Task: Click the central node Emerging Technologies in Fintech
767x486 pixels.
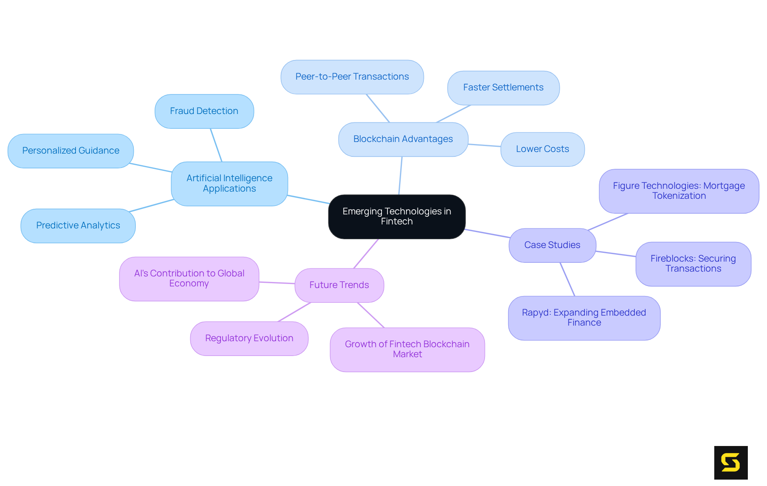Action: (x=397, y=216)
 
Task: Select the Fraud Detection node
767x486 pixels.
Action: (x=204, y=111)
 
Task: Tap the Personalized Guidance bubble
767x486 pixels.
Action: (x=71, y=151)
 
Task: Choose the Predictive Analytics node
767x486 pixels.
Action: (x=78, y=226)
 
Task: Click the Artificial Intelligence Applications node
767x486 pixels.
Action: (x=229, y=184)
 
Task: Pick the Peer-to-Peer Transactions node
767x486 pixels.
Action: (x=352, y=77)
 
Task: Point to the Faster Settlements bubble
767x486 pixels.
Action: (x=503, y=88)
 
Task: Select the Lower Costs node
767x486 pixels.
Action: (x=542, y=149)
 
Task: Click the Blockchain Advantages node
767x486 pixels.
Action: (x=403, y=139)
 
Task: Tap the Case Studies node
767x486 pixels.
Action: (x=552, y=245)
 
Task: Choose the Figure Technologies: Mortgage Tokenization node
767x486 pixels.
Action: (x=679, y=191)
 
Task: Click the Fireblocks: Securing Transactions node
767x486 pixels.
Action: (x=693, y=264)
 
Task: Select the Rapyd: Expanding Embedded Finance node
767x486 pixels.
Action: (x=584, y=318)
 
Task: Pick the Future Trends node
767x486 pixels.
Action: (x=339, y=285)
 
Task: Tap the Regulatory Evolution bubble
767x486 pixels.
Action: (x=249, y=338)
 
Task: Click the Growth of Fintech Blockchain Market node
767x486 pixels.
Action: (x=407, y=349)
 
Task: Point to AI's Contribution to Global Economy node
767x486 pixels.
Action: (x=189, y=278)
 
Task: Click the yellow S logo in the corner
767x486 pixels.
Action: (x=731, y=462)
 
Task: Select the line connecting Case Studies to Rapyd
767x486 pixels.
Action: (x=567, y=279)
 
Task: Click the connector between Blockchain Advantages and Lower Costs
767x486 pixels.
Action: (x=484, y=145)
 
